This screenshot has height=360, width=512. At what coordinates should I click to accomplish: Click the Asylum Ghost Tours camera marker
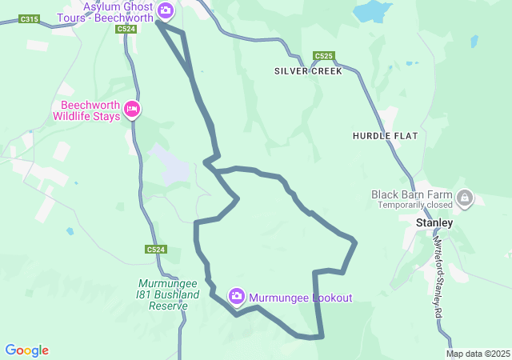click(166, 10)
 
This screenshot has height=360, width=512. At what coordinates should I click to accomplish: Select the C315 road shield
click(29, 18)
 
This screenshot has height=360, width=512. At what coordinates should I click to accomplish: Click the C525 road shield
click(324, 56)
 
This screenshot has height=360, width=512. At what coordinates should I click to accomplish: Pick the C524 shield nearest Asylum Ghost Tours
click(125, 29)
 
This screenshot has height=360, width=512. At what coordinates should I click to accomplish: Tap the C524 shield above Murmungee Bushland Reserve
click(156, 250)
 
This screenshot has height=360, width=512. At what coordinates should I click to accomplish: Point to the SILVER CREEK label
click(308, 71)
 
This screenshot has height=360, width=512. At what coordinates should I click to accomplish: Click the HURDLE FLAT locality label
click(385, 136)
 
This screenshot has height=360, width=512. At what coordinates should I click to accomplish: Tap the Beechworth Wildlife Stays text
click(86, 110)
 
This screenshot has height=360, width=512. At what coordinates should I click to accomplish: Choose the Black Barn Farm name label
click(411, 194)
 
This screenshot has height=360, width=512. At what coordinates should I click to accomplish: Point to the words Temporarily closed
click(411, 205)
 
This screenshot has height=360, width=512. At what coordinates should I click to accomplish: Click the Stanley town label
click(435, 222)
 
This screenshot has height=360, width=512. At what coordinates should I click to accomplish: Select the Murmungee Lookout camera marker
click(237, 297)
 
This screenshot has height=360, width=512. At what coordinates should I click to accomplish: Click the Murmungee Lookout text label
click(300, 298)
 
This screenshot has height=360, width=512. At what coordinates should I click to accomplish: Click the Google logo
click(27, 350)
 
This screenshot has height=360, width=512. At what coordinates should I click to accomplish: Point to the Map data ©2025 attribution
click(478, 354)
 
